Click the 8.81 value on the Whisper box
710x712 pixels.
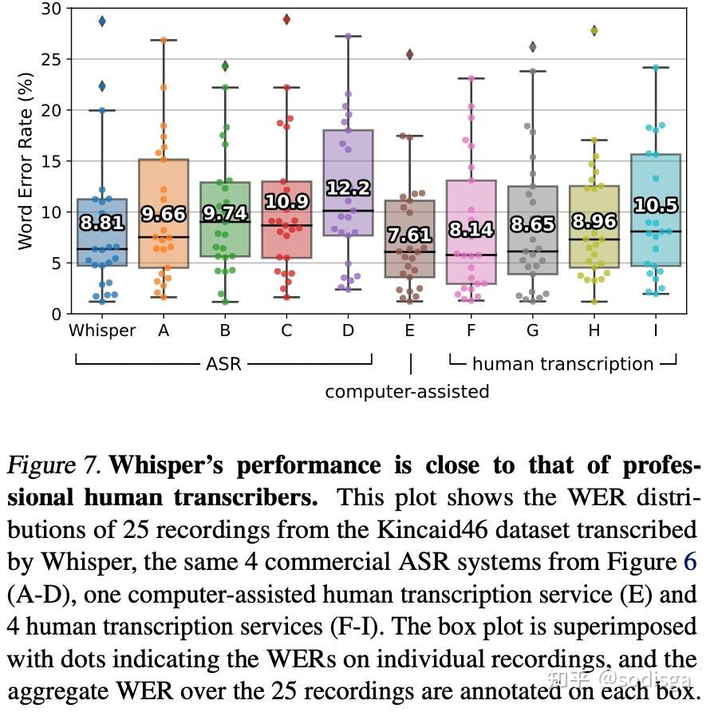coord(102,223)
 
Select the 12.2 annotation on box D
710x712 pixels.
coord(348,188)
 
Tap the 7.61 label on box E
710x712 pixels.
coord(409,235)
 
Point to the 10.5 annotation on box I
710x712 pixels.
coord(655,205)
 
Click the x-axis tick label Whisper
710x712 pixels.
coord(102,330)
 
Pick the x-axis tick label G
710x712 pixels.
coord(532,330)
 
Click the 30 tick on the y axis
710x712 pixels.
coord(51,9)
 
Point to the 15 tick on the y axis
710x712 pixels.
coord(51,161)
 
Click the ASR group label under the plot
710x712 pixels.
coord(223,365)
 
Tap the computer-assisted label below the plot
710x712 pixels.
coord(407,392)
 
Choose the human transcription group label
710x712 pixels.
coord(562,365)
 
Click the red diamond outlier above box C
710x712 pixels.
coord(286,19)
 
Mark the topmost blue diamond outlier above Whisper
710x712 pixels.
coord(102,22)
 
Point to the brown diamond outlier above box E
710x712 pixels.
coord(409,55)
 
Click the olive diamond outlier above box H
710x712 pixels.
coord(594,30)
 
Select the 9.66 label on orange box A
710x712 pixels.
coord(164,214)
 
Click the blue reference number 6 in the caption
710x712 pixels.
coord(690,563)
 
